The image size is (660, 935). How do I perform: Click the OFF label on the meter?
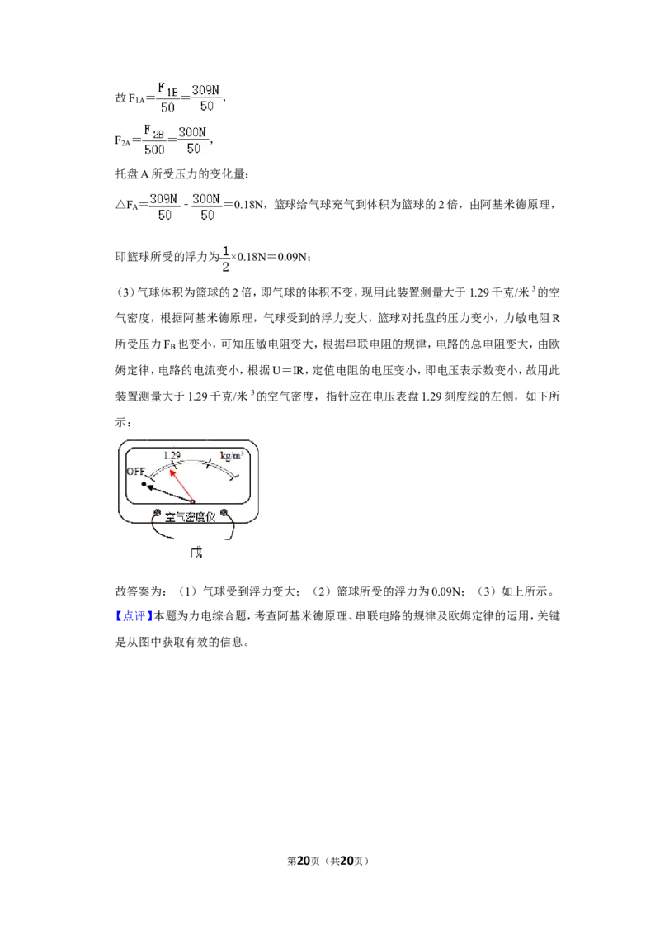(x=136, y=471)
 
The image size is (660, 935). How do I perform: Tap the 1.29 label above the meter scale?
(x=172, y=456)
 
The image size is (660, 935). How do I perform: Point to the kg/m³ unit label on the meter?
(x=231, y=456)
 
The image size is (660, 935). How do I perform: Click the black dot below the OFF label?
(x=144, y=484)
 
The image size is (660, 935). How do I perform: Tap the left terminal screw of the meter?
(x=158, y=513)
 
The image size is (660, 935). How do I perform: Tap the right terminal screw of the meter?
(x=224, y=513)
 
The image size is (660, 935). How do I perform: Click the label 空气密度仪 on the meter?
(x=190, y=517)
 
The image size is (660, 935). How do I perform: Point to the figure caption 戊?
(x=196, y=553)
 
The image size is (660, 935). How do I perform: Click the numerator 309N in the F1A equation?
(x=205, y=90)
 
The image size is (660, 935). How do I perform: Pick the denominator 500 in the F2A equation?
(x=154, y=149)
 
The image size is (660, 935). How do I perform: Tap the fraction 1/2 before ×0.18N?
(x=225, y=259)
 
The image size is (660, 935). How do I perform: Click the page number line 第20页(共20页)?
(x=328, y=861)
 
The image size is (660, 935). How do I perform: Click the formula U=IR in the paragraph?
(x=288, y=370)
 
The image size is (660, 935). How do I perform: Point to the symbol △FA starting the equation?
(x=126, y=205)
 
